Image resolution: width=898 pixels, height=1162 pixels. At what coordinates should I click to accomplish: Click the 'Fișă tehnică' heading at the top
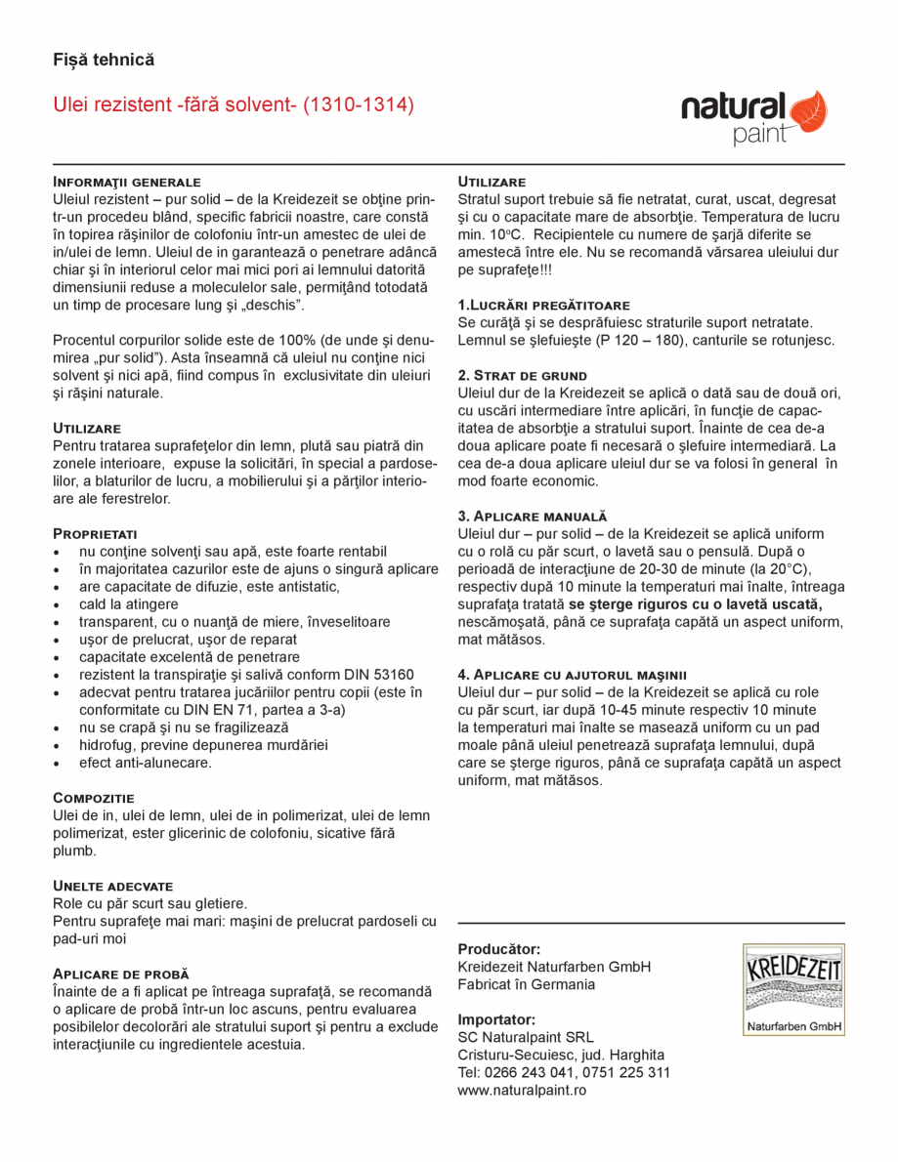click(104, 60)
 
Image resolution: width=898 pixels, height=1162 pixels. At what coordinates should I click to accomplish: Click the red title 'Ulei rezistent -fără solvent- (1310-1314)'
click(234, 104)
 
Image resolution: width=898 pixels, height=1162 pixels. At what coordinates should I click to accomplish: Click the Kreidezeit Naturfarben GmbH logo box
click(792, 989)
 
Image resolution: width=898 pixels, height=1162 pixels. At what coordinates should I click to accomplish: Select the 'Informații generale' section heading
click(126, 182)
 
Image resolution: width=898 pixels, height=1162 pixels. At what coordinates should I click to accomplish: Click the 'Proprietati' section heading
click(95, 533)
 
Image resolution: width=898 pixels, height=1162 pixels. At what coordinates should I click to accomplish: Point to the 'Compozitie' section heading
click(94, 798)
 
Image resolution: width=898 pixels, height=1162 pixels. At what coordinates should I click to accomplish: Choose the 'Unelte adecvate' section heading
click(112, 885)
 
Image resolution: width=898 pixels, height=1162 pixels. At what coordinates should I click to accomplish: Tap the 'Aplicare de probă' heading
click(120, 974)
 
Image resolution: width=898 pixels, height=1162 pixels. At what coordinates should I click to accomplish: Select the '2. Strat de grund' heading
click(523, 375)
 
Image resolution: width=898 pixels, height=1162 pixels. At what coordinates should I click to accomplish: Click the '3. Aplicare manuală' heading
click(533, 516)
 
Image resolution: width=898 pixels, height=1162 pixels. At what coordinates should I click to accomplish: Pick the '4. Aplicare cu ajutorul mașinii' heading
click(573, 674)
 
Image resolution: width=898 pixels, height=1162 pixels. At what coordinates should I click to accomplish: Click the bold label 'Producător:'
click(499, 949)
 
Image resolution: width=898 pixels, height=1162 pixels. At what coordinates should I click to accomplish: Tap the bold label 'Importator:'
click(496, 1019)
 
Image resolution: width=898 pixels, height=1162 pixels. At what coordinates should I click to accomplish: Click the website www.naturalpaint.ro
click(522, 1090)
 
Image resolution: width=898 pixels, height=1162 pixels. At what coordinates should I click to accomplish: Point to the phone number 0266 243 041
click(528, 1072)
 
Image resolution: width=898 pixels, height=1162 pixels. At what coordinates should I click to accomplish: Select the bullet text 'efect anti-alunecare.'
click(146, 763)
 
